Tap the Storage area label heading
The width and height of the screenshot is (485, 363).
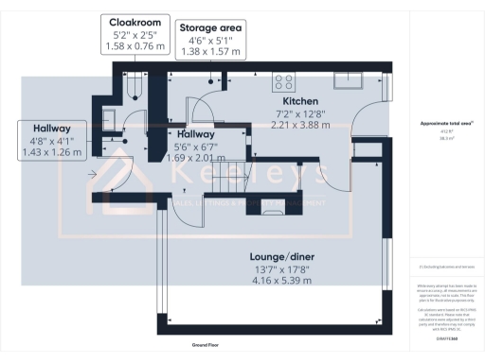pyautogui.click(x=210, y=28)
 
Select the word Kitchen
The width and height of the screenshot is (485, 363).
pyautogui.click(x=299, y=99)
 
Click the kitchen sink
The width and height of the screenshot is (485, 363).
pyautogui.click(x=357, y=78)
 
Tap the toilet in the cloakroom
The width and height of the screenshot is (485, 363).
pyautogui.click(x=135, y=85)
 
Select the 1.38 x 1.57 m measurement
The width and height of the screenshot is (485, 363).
pyautogui.click(x=210, y=53)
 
